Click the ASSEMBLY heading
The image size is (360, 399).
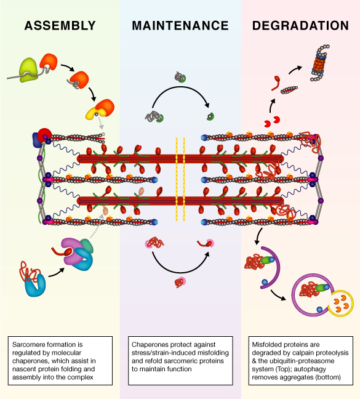[59, 26]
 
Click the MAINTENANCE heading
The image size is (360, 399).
[180, 26]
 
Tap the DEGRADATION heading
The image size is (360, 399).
[300, 26]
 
